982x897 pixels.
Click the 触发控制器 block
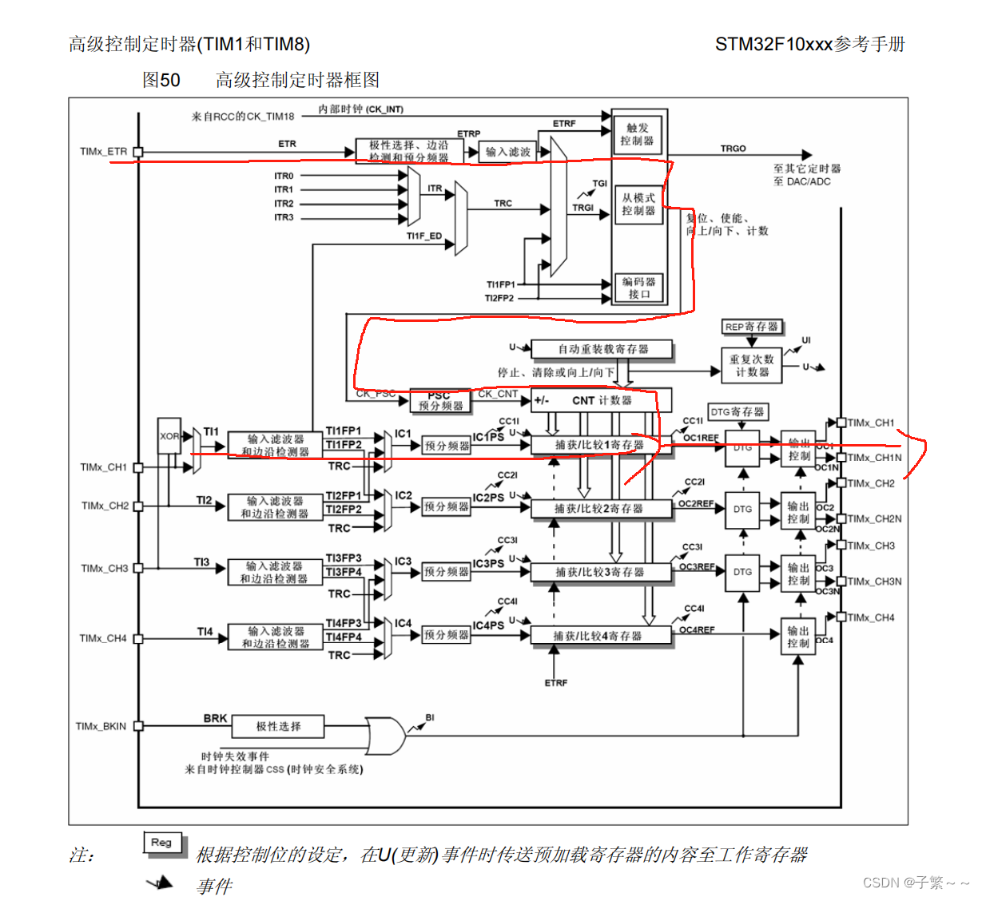point(638,134)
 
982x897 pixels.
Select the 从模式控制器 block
point(638,204)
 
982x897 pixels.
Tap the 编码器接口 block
point(638,288)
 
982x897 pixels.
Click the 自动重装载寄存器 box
point(602,349)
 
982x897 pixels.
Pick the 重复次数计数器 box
point(751,366)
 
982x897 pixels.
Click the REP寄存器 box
point(751,327)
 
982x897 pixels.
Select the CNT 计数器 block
point(602,400)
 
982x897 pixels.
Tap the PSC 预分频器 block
point(440,401)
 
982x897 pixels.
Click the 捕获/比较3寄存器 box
point(600,572)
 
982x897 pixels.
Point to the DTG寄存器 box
point(737,412)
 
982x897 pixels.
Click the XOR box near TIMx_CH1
point(169,436)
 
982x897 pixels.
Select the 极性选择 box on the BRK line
point(278,726)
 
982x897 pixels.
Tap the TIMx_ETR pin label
point(103,152)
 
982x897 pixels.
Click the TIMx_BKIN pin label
point(101,726)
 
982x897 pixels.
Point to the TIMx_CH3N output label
point(874,581)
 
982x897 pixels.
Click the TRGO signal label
point(733,149)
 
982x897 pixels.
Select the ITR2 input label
point(284,204)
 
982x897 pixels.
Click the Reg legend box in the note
point(161,843)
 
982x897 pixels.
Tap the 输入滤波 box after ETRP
point(507,152)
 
